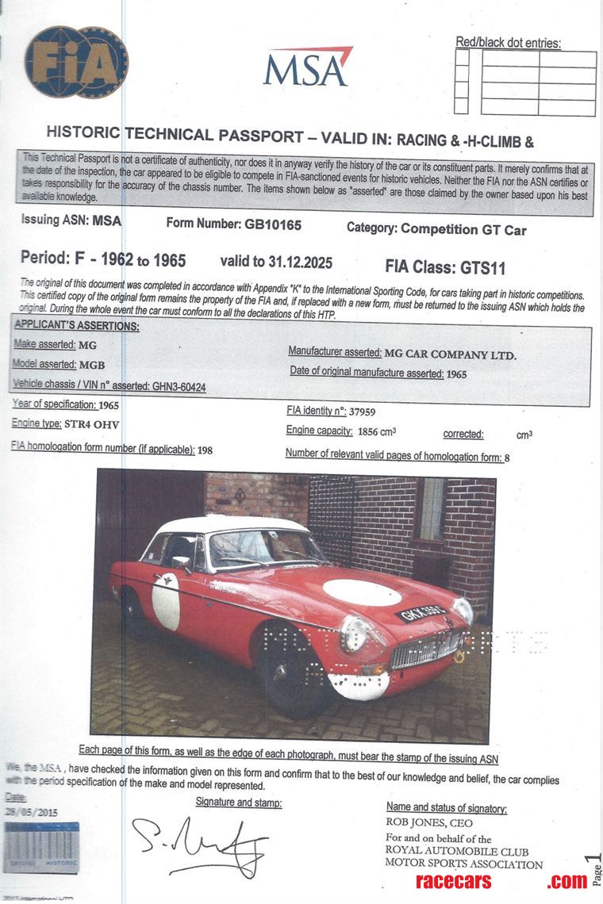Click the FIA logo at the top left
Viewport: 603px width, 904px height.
(76, 62)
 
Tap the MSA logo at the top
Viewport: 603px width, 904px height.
(308, 67)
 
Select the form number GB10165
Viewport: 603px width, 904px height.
(273, 224)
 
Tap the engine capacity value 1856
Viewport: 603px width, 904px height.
(371, 431)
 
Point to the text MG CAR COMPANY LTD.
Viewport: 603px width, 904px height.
(450, 354)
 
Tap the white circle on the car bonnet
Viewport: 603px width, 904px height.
(362, 592)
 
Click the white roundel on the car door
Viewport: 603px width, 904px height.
(166, 601)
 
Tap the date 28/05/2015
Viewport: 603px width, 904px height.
(32, 812)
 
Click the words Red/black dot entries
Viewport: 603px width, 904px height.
(508, 43)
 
